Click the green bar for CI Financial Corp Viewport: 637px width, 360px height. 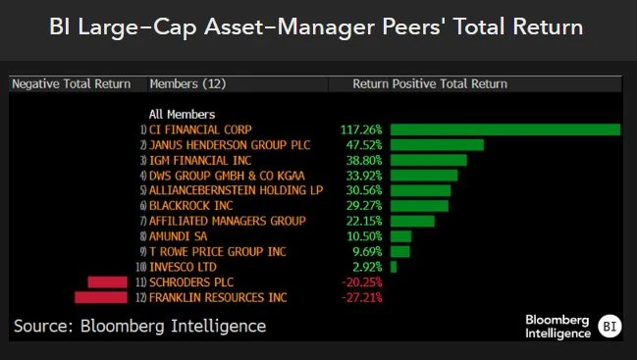[x=504, y=129]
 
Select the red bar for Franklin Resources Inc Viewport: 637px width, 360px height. [x=101, y=297]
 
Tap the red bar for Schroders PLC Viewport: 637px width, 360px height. [x=107, y=283]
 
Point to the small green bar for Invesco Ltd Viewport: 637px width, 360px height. [x=394, y=267]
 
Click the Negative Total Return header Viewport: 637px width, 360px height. [x=71, y=84]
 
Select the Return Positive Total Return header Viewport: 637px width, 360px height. [x=430, y=84]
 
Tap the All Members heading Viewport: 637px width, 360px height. [x=182, y=114]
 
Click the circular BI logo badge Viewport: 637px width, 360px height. [x=610, y=326]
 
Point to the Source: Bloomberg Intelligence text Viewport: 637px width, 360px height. [x=139, y=325]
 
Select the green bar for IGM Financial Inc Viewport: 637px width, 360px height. [x=428, y=160]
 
